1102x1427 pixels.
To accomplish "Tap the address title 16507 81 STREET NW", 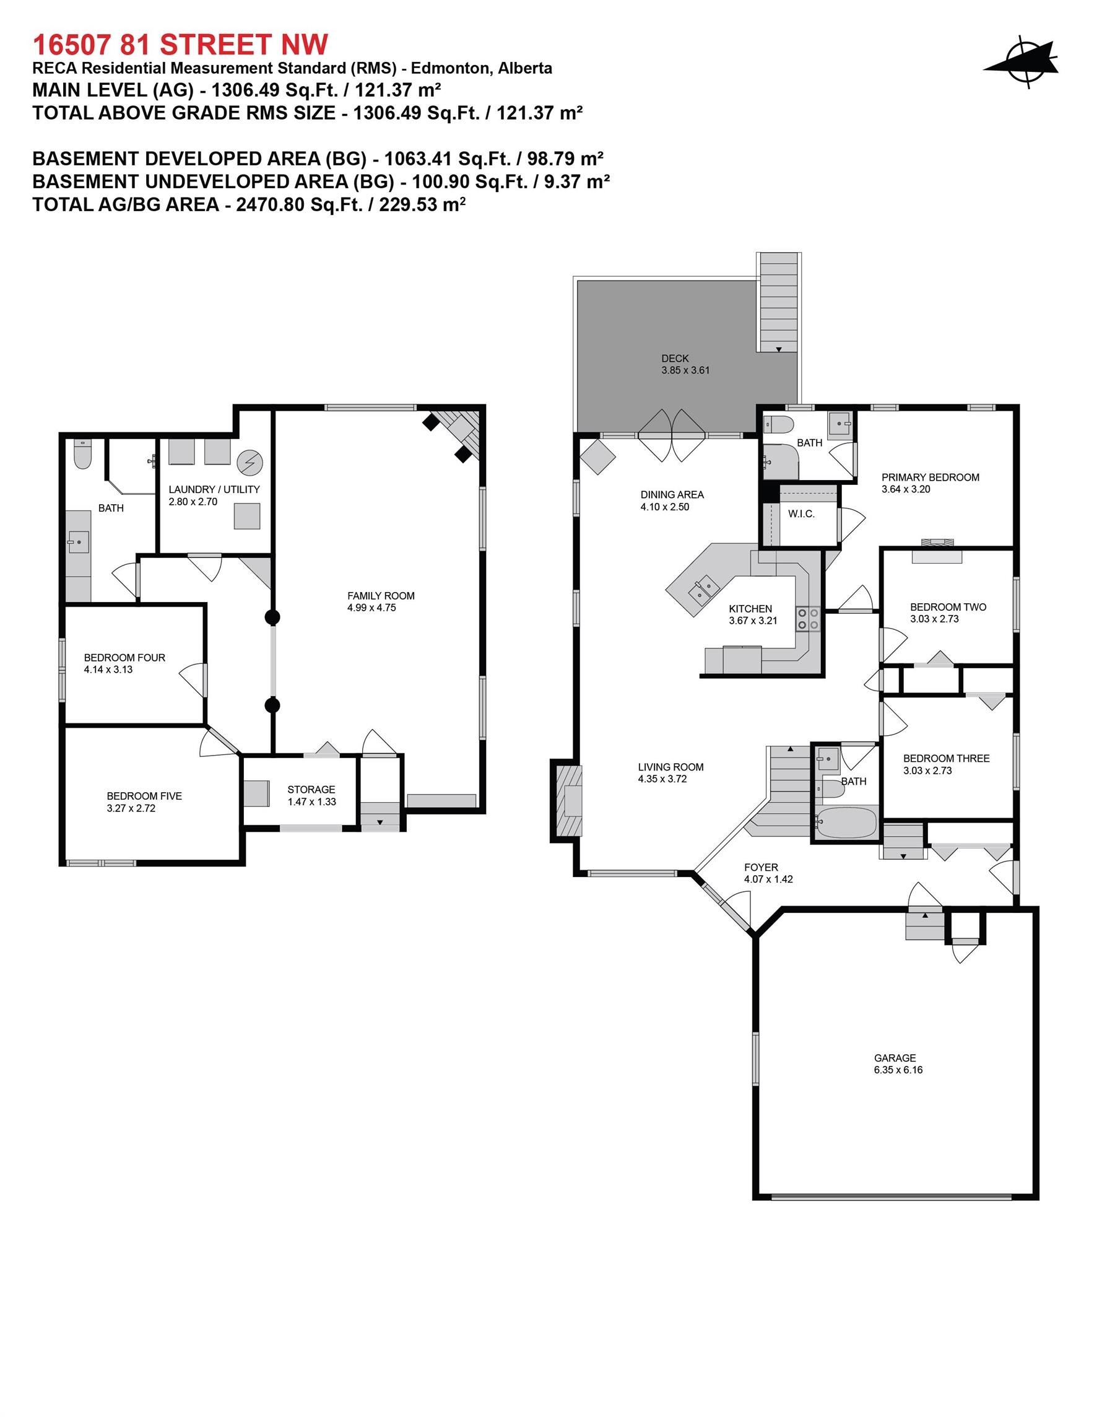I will coord(180,45).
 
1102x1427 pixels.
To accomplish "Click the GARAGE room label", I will coord(895,1058).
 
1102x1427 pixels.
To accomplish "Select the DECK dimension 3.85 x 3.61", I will coord(685,370).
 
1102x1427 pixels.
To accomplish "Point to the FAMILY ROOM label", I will coord(381,595).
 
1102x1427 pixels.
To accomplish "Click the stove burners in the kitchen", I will coord(807,619).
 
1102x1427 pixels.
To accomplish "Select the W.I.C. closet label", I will coord(801,513).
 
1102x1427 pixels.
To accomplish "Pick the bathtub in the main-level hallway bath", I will coord(845,822).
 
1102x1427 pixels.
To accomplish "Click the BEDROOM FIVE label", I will coord(144,796).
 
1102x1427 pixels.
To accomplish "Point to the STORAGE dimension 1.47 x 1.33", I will coord(311,801).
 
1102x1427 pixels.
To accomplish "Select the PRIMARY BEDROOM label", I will coord(931,477).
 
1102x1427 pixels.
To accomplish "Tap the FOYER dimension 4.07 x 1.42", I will coord(768,879).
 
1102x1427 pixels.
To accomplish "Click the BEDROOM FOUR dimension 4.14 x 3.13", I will coord(108,669).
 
